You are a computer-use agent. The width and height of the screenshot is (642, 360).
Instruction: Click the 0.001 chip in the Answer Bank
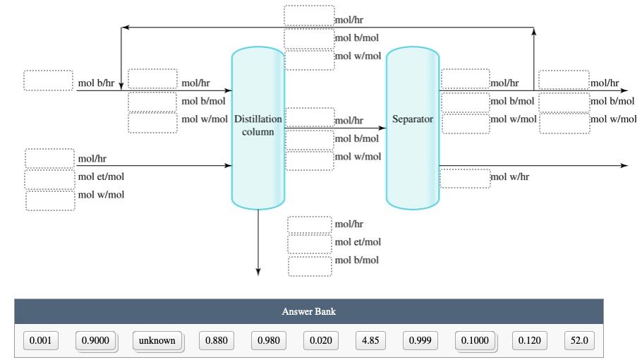[40, 341]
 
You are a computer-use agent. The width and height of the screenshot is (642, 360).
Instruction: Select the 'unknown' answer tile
[157, 341]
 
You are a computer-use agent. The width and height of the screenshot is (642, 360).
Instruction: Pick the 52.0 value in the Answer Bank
[579, 341]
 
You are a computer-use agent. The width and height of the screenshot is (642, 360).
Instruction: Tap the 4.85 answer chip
[370, 341]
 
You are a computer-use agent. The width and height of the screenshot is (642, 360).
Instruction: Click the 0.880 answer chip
[216, 341]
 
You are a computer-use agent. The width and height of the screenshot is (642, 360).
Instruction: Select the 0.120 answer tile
[529, 341]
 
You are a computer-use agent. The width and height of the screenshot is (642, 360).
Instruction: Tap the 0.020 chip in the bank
[320, 341]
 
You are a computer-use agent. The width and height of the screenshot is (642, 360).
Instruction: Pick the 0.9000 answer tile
[95, 341]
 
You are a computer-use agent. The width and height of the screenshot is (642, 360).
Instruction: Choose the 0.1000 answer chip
[475, 341]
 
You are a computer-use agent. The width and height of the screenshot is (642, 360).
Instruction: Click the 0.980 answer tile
[268, 341]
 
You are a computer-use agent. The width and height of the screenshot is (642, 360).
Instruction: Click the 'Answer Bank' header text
[309, 311]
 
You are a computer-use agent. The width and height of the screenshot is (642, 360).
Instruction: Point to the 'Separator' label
[413, 119]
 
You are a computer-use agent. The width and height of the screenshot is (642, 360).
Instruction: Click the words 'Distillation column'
[258, 126]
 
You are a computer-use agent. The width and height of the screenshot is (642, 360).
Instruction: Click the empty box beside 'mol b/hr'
[49, 80]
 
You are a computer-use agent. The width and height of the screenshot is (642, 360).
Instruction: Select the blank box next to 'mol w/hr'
[465, 178]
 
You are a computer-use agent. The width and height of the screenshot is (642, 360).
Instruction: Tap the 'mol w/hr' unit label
[509, 177]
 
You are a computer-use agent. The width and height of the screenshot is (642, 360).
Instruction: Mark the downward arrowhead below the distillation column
[258, 272]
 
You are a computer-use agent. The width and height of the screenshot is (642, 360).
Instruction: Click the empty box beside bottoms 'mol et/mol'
[310, 244]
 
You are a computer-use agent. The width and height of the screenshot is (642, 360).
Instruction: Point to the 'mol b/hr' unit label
[96, 83]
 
